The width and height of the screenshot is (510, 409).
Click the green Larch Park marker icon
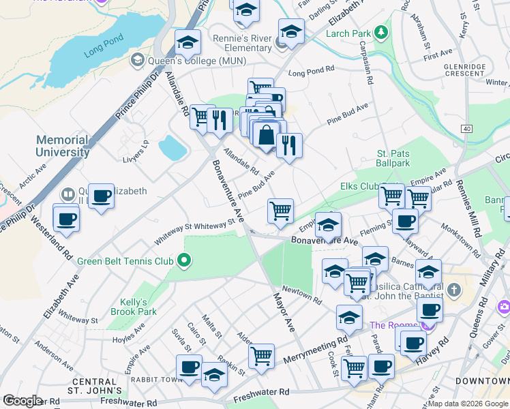click(380, 33)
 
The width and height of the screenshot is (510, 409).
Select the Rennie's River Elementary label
click(242, 43)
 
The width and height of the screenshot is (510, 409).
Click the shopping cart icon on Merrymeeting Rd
click(262, 356)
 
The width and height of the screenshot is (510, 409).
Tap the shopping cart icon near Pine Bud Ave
click(280, 211)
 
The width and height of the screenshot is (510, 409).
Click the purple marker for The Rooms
click(427, 325)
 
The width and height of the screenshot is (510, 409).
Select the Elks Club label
click(359, 185)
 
